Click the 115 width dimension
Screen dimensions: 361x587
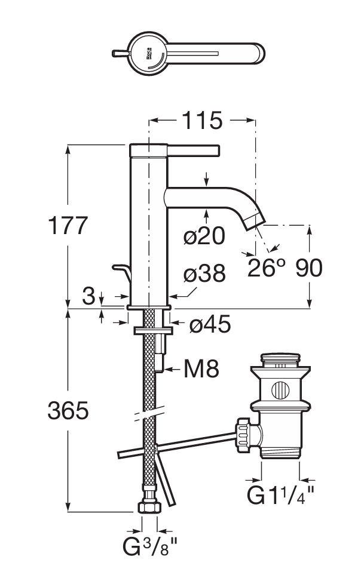tap(202, 121)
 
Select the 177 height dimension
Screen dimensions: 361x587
tap(68, 225)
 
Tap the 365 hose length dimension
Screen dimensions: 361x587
tap(68, 410)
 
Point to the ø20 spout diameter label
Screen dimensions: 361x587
tap(204, 236)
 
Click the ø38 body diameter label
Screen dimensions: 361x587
tap(204, 273)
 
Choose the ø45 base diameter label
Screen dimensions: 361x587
tap(210, 324)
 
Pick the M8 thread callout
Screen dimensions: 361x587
tap(201, 369)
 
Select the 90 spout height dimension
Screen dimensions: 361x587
tap(309, 268)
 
